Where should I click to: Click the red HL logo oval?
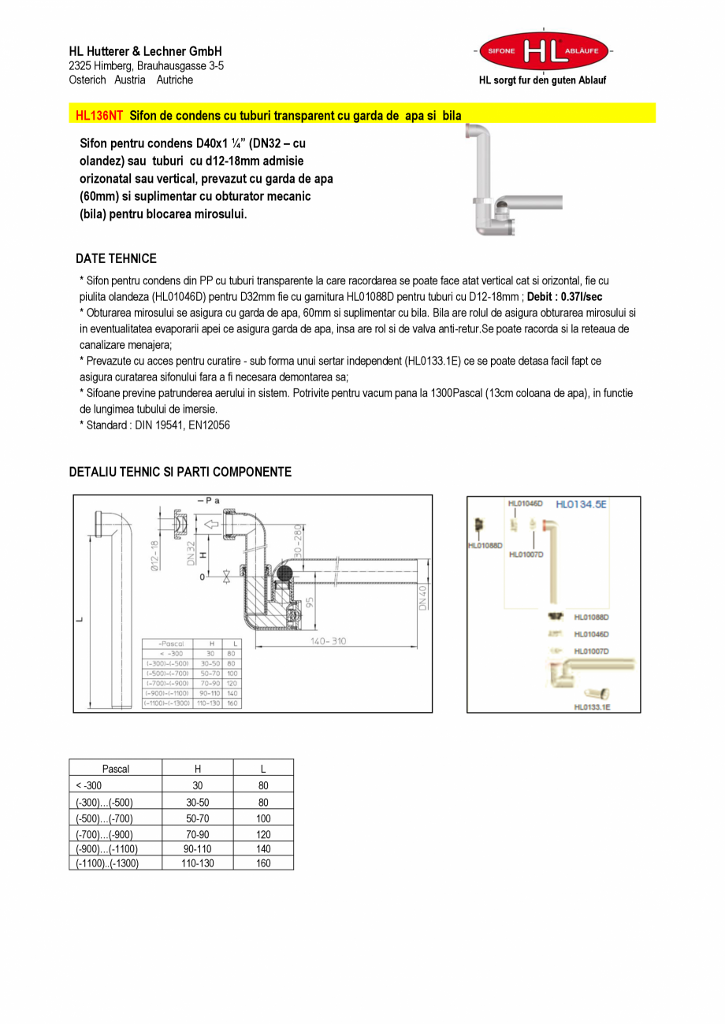click(x=544, y=51)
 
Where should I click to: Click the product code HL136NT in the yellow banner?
click(x=99, y=115)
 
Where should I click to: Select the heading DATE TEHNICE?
click(x=116, y=258)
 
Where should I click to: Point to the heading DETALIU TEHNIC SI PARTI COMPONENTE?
click(x=180, y=472)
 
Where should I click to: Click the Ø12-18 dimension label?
click(x=155, y=555)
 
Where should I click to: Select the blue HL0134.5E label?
click(x=582, y=504)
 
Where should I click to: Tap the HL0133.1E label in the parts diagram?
click(x=592, y=707)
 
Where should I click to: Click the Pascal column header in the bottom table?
click(x=115, y=769)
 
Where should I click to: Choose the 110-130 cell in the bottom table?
click(x=197, y=863)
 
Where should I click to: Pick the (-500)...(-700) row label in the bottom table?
click(x=104, y=818)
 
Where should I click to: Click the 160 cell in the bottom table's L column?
click(x=263, y=863)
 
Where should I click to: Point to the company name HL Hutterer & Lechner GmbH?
click(x=145, y=51)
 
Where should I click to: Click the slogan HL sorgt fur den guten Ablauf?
click(x=543, y=80)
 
